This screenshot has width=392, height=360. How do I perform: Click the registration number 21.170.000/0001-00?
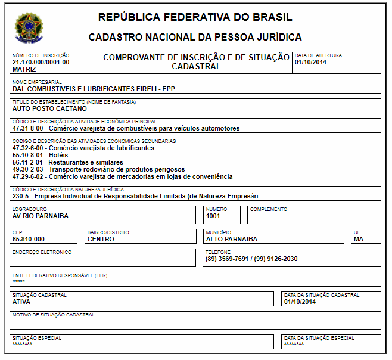coord(41,62)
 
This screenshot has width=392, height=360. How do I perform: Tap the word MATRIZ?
coord(24,69)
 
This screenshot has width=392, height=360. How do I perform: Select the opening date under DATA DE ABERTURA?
coord(310,62)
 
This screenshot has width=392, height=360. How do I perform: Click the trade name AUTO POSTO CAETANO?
coord(49,108)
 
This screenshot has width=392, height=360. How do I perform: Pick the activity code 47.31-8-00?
coord(28,128)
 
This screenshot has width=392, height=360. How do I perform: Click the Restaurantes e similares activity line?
coord(67,162)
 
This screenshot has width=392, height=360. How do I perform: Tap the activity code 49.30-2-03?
coord(28,169)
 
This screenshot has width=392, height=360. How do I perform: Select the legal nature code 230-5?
coord(21,196)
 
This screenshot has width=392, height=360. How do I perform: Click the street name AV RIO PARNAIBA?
coord(41,216)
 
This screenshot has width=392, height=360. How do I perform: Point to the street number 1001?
coord(213,216)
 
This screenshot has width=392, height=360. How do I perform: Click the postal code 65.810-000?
coord(29,239)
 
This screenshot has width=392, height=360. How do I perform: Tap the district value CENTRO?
coord(101,239)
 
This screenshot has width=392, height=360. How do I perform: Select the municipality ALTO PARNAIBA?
coord(232,239)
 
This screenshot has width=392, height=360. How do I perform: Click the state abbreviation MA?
coord(358,239)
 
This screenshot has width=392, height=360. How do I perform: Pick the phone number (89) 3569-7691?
coord(225,259)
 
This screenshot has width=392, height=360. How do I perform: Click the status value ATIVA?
coord(21,302)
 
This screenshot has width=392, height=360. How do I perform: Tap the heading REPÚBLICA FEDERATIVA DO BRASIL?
coord(195,17)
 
